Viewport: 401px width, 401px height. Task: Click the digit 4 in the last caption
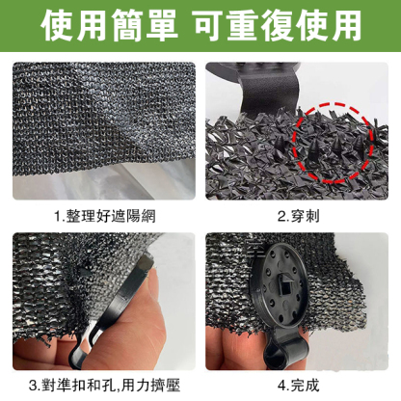[281, 386]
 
